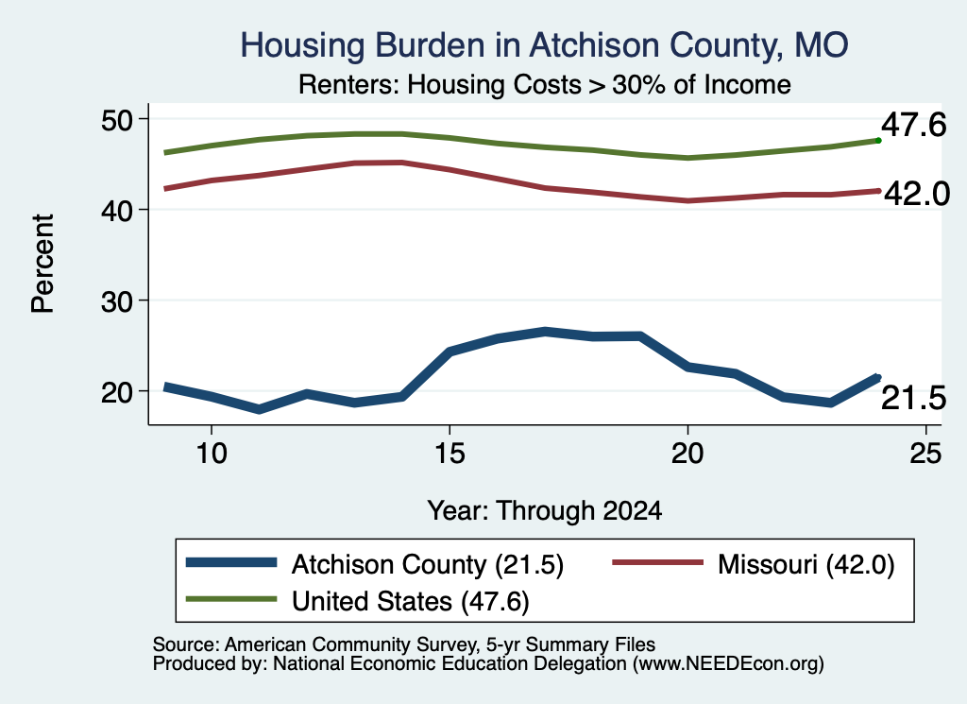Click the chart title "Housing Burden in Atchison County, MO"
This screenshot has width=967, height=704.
(544, 45)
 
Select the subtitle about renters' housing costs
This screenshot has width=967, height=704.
(545, 84)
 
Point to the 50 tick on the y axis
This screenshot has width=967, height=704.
(117, 119)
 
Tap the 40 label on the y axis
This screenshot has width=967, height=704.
(117, 210)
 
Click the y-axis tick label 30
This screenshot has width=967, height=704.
(117, 300)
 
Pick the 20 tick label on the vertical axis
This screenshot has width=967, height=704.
(117, 391)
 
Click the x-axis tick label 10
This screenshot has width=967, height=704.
(212, 454)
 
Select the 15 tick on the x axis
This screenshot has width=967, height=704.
(450, 454)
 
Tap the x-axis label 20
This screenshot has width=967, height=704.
(687, 454)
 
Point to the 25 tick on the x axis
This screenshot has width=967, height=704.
(925, 454)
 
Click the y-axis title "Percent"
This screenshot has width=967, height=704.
(42, 264)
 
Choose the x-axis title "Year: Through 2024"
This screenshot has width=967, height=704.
(545, 511)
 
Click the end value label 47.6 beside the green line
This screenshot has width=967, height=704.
(913, 126)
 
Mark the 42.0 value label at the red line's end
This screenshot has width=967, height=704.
(917, 194)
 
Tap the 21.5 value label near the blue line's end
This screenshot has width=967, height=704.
(913, 398)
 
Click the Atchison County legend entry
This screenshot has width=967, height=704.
(375, 564)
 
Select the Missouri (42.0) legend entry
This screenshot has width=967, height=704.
(753, 564)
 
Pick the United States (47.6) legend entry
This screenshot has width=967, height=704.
(358, 600)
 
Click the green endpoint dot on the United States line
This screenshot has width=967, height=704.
(878, 141)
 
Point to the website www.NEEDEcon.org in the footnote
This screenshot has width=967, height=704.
(727, 663)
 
